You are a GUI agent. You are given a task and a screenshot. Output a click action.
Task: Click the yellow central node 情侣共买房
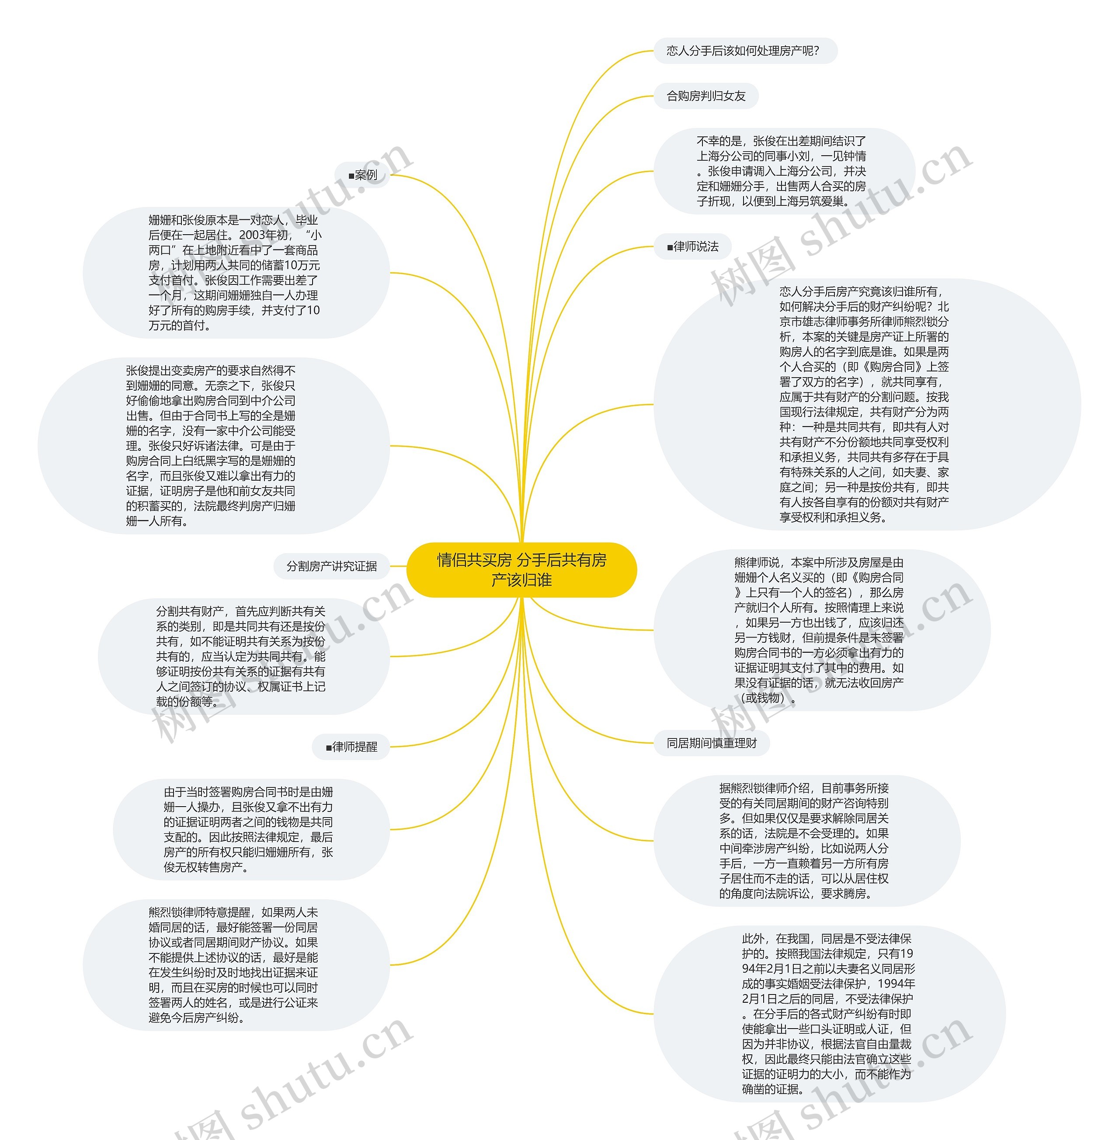pyautogui.click(x=522, y=570)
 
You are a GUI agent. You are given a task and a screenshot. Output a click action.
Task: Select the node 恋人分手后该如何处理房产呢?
pyautogui.click(x=743, y=51)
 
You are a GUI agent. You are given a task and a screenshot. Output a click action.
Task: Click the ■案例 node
pyautogui.click(x=363, y=175)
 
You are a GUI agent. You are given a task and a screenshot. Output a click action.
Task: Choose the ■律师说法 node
pyautogui.click(x=693, y=247)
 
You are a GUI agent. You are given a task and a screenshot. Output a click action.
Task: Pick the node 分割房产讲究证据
pyautogui.click(x=331, y=566)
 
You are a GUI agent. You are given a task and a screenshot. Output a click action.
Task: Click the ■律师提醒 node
pyautogui.click(x=351, y=747)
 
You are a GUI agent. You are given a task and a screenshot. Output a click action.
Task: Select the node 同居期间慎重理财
pyautogui.click(x=711, y=743)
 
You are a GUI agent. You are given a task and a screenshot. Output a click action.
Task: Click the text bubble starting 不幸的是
pyautogui.click(x=782, y=171)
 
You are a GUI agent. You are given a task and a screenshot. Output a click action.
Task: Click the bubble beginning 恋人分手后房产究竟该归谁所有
pyautogui.click(x=864, y=404)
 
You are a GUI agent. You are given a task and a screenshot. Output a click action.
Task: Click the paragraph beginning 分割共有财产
pyautogui.click(x=240, y=656)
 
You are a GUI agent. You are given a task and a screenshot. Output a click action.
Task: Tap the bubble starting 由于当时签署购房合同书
pyautogui.click(x=248, y=829)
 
